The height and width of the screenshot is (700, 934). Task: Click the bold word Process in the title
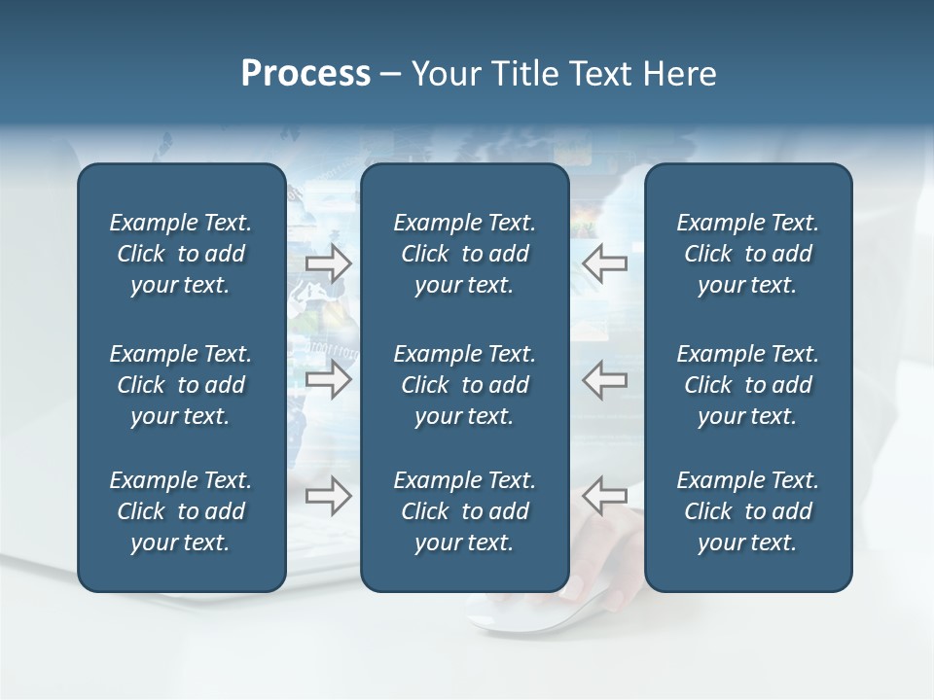[x=305, y=74]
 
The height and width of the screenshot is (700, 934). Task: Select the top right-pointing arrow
[x=329, y=262]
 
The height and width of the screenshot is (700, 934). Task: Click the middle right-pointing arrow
[x=329, y=379]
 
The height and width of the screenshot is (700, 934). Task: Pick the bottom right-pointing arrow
[x=329, y=496]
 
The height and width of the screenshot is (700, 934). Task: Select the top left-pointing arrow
[x=604, y=262]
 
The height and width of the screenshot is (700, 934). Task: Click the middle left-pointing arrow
[x=604, y=379]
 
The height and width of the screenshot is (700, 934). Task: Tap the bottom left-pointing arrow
[x=604, y=496]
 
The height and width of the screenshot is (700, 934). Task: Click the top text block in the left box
[x=181, y=254]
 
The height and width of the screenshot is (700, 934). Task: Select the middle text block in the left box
[x=181, y=385]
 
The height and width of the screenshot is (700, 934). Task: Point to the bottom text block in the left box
[x=181, y=511]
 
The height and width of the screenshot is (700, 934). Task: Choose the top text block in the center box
[x=464, y=254]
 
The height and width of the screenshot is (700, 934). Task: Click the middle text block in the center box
[x=464, y=385]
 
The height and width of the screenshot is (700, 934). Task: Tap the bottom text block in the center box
[x=464, y=511]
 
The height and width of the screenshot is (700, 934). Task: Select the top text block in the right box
[x=748, y=254]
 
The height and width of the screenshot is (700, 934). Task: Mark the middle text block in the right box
[x=748, y=385]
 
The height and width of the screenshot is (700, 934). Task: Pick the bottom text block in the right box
[x=748, y=511]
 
